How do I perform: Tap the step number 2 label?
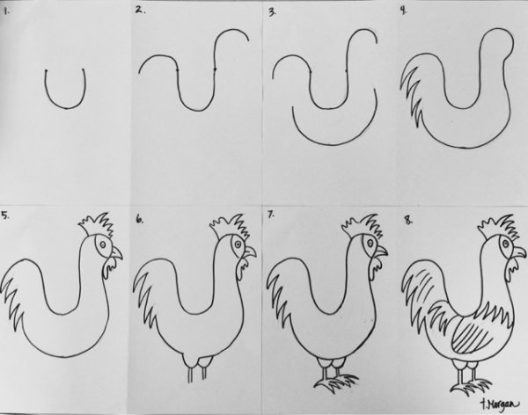(x=139, y=11)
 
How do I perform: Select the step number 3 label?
(x=273, y=12)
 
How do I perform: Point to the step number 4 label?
(x=403, y=11)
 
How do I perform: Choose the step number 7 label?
(x=272, y=215)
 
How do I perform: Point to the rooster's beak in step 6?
(x=251, y=251)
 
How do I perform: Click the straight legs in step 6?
(x=199, y=370)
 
